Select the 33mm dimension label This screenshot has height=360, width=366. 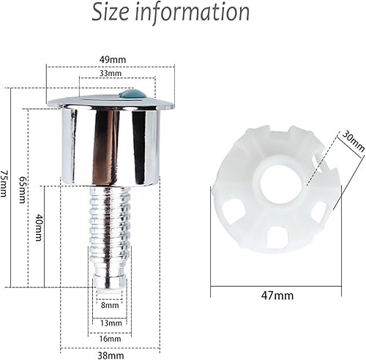[111, 74]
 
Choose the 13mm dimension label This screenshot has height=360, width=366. [109, 322]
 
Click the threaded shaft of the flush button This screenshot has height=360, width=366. [110, 220]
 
